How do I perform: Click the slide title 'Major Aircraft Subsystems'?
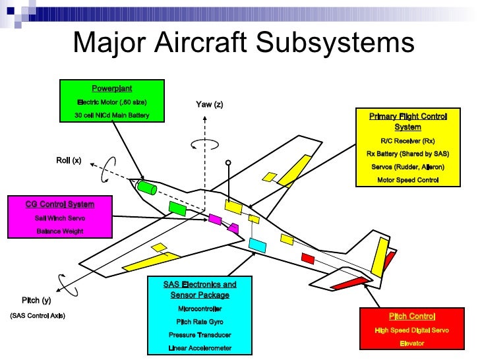tap(243, 44)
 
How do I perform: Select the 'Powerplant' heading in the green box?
tap(111, 88)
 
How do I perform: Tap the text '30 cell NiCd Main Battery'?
tap(111, 115)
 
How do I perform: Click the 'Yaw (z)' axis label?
tap(210, 104)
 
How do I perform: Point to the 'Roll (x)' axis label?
tap(69, 160)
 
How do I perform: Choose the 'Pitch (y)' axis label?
tap(36, 300)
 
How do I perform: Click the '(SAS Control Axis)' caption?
tap(38, 315)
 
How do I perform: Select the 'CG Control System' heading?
tap(59, 204)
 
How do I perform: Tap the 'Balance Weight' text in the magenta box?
tap(59, 231)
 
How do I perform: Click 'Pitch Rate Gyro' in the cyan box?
tap(200, 322)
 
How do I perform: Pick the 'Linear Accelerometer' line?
tap(200, 348)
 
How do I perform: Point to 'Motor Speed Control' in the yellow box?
tap(407, 179)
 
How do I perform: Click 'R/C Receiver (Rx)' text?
tap(407, 140)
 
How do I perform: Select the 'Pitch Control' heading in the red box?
tap(412, 316)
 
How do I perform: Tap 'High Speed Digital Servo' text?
tap(412, 330)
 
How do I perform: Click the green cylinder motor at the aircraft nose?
tap(147, 188)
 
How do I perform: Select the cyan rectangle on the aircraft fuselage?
tap(258, 245)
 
